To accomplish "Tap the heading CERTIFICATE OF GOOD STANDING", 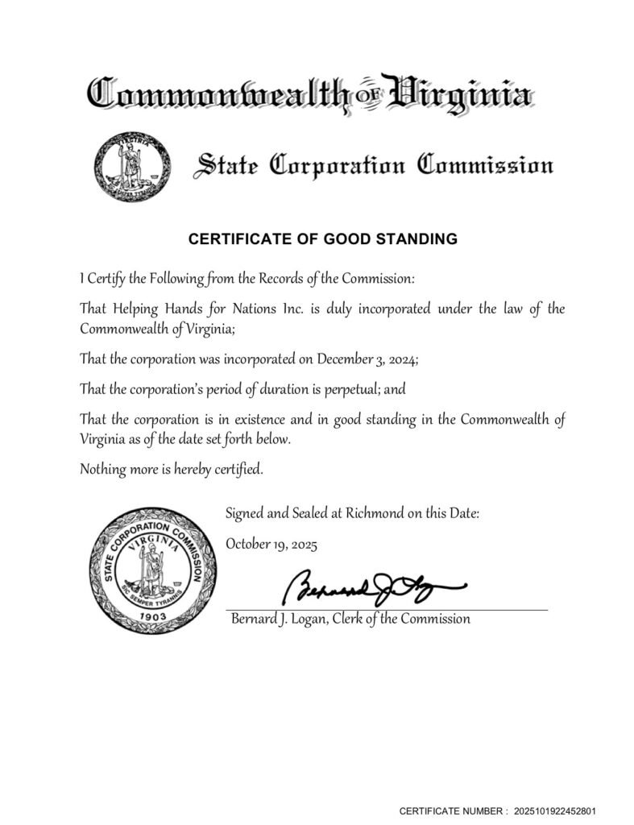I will click(x=322, y=238).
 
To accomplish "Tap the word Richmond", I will click(x=372, y=512).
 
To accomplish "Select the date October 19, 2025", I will click(x=271, y=544).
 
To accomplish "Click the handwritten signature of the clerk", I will click(x=371, y=589).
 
